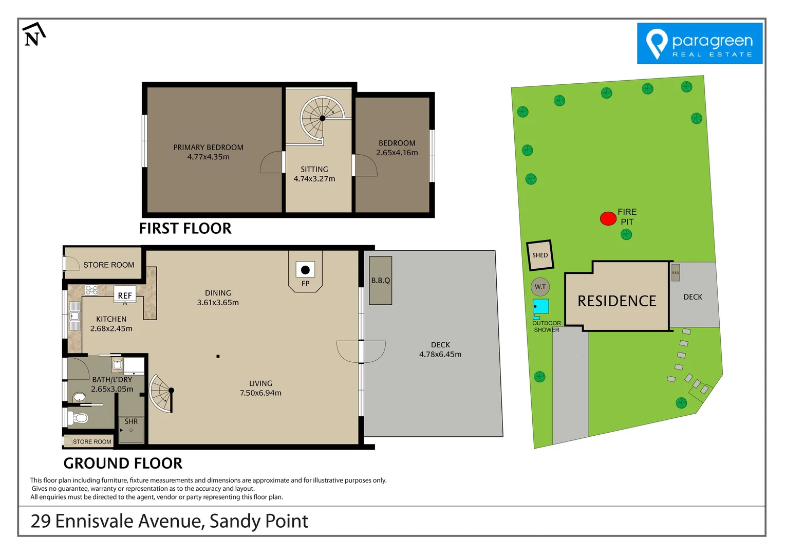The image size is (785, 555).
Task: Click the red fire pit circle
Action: [608, 218]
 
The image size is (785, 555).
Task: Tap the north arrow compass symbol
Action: [33, 35]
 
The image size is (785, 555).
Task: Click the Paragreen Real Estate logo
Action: [699, 43]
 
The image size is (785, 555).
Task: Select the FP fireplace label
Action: [305, 284]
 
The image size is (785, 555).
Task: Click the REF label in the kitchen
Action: [125, 295]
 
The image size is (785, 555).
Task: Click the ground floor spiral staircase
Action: [162, 393]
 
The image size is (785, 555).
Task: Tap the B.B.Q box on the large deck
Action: [381, 280]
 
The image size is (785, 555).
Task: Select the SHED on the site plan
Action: [540, 255]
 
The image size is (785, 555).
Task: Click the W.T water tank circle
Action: [540, 287]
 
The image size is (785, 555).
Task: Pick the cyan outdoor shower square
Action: [540, 306]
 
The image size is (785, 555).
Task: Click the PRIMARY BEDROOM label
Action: [208, 147]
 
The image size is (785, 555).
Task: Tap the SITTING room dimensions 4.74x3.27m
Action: [314, 179]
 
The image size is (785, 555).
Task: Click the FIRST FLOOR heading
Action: [185, 228]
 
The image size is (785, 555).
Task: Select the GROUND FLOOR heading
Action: [123, 463]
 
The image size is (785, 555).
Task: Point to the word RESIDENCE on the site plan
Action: [616, 301]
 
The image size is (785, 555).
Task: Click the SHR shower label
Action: [131, 421]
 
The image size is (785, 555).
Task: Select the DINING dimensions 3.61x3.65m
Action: [218, 303]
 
